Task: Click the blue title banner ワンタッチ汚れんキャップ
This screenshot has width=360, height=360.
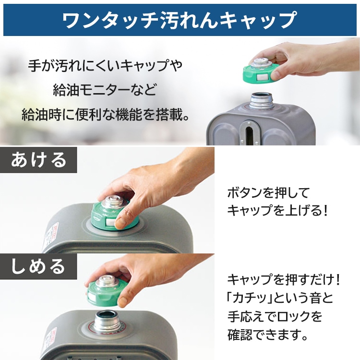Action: [180, 20]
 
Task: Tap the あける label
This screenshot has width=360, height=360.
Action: [39, 159]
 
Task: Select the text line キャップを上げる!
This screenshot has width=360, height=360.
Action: [277, 210]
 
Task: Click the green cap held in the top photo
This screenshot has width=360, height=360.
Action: [263, 70]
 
